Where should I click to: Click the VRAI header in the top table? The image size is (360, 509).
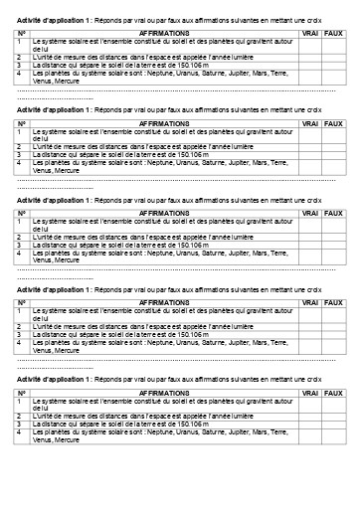click(309, 33)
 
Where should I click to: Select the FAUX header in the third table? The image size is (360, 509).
click(333, 214)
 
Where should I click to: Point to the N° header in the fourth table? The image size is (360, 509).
click(22, 304)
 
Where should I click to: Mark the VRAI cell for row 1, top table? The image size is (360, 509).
click(309, 45)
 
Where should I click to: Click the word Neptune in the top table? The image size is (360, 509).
click(160, 73)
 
